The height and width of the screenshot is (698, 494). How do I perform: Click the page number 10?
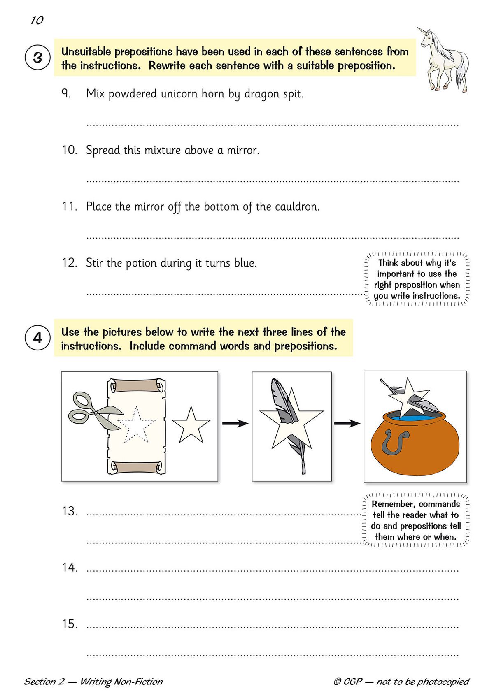tap(37, 20)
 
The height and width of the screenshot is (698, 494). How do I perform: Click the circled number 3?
tap(37, 58)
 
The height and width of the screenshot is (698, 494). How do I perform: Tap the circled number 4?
tap(37, 338)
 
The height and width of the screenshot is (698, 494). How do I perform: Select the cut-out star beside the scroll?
tap(191, 425)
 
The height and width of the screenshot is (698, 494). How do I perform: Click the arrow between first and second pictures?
tap(235, 423)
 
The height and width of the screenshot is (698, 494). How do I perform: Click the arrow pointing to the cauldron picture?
tap(347, 423)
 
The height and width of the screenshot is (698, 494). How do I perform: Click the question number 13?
tap(70, 511)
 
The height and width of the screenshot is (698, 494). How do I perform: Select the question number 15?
tap(70, 624)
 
